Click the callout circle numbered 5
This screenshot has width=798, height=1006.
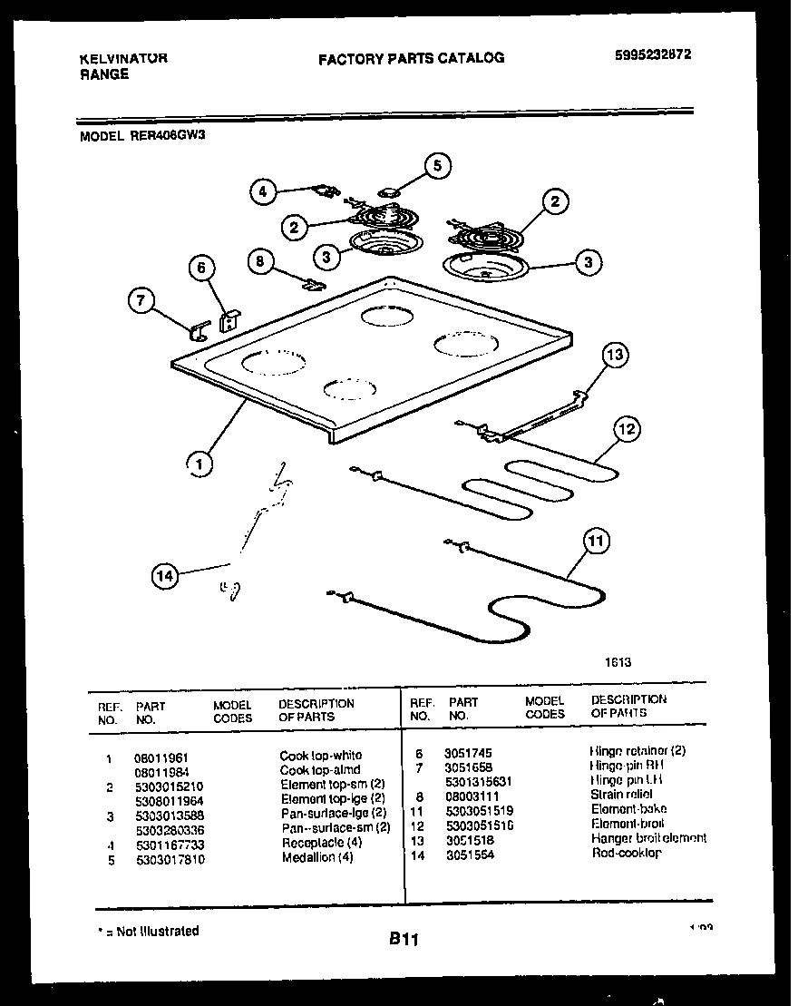[x=438, y=165]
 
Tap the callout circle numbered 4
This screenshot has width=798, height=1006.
[x=263, y=191]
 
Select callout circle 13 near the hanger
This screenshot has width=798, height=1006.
[x=615, y=354]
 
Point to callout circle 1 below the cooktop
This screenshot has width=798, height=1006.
[x=199, y=464]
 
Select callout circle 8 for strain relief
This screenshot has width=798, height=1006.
[x=261, y=261]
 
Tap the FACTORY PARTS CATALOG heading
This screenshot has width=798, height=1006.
[x=411, y=58]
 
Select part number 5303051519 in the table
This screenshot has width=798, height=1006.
[x=480, y=809]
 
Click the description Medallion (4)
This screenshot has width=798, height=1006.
[x=317, y=857]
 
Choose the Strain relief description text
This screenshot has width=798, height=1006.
[x=621, y=795]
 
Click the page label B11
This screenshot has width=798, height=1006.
[x=404, y=941]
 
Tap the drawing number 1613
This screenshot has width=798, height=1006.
[x=618, y=662]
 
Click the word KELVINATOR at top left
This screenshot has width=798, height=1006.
[x=123, y=58]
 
